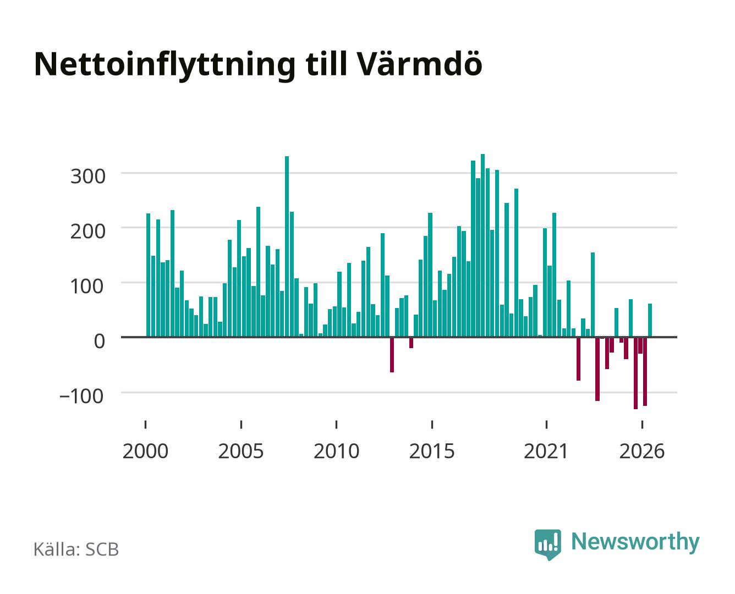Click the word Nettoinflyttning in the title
(165, 65)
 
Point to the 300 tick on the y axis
(87, 177)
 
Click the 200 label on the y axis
(87, 232)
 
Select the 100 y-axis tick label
(87, 287)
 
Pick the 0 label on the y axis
(99, 341)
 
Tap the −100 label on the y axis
(81, 396)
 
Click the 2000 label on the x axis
(145, 451)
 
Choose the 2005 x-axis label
(241, 451)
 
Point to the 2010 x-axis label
(337, 451)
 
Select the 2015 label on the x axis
(432, 451)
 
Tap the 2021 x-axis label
(546, 451)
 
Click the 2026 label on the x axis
(642, 451)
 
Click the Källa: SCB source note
(76, 549)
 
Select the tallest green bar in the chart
(482, 245)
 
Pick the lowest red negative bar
(635, 373)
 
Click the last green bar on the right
(650, 320)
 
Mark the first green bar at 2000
(149, 275)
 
